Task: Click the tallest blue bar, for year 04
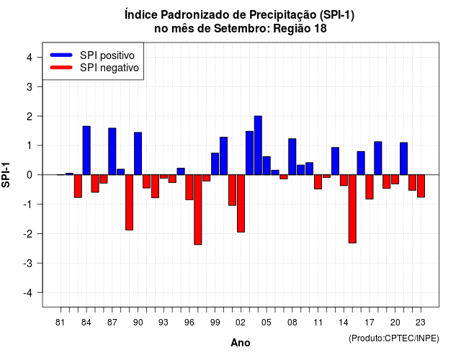(x=258, y=145)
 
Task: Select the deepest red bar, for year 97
(x=198, y=210)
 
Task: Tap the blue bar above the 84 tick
(x=86, y=150)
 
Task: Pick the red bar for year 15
(x=352, y=209)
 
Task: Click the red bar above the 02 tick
(x=241, y=203)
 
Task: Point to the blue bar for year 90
(x=138, y=153)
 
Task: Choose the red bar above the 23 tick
(x=421, y=186)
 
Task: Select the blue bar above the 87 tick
(x=112, y=151)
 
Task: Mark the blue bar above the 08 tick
(x=292, y=157)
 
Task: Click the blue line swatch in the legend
(x=61, y=55)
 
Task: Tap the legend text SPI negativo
(x=109, y=68)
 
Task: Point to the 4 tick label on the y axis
(x=30, y=58)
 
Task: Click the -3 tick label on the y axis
(x=28, y=264)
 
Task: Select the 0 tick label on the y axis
(x=30, y=175)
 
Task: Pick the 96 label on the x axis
(x=189, y=323)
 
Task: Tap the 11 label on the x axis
(x=318, y=323)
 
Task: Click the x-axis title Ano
(x=241, y=343)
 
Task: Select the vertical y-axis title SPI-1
(x=6, y=175)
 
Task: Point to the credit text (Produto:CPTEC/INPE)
(x=394, y=338)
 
